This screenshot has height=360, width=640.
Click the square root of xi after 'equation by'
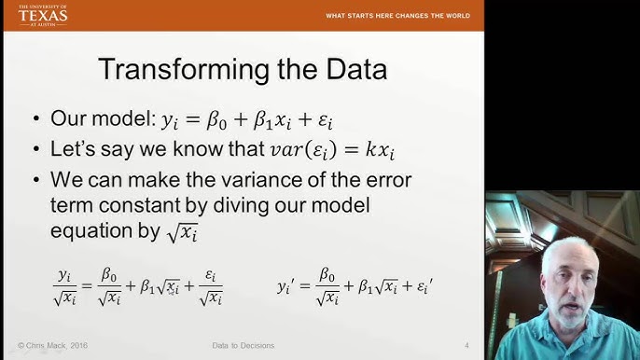coord(183,234)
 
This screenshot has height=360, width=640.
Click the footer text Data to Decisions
coord(243,347)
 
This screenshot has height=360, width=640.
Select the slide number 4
coord(466,347)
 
